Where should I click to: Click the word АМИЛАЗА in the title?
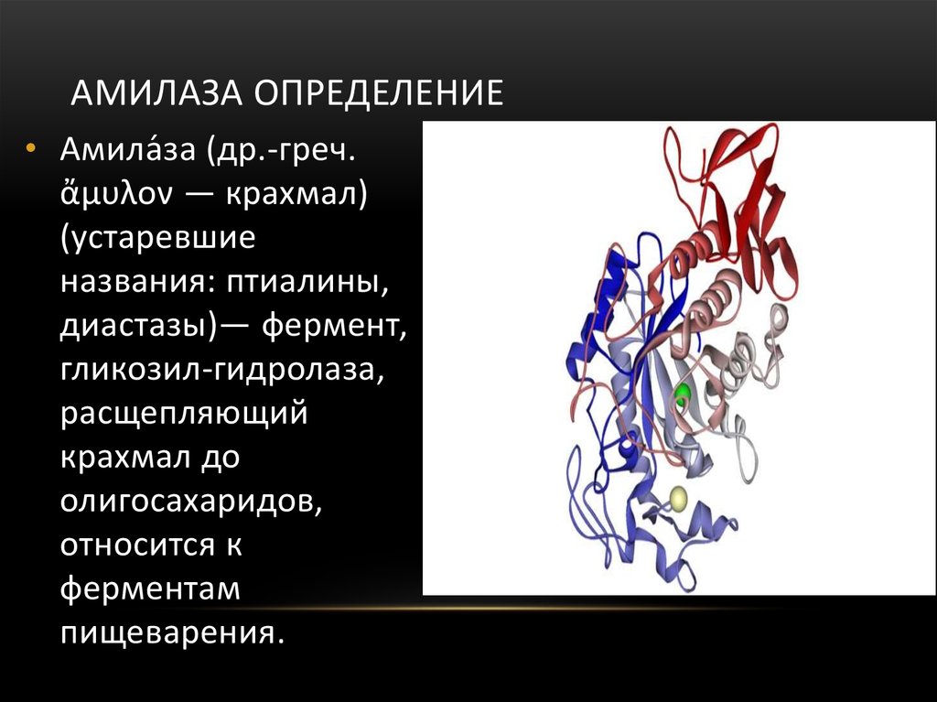[156, 92]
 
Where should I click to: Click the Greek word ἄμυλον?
[116, 192]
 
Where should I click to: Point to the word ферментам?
[150, 589]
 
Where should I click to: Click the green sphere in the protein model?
[682, 394]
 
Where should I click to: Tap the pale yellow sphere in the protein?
[678, 499]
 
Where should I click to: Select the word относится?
[137, 545]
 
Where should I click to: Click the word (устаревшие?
[158, 238]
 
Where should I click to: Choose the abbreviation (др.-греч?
[282, 149]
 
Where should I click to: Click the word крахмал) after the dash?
[296, 194]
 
